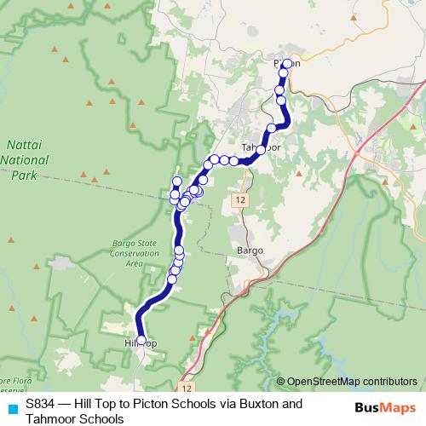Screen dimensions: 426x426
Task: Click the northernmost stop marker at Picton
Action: click(287, 64)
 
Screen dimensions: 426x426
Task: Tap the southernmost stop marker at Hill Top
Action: click(141, 339)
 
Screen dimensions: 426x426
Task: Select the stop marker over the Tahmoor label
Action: click(261, 149)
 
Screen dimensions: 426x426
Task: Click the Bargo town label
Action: click(246, 251)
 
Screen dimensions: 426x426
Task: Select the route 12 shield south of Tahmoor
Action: click(241, 198)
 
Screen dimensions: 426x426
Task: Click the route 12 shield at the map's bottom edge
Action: click(186, 387)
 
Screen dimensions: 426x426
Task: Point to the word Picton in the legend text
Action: click(150, 404)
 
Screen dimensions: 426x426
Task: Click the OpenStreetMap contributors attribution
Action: click(352, 382)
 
